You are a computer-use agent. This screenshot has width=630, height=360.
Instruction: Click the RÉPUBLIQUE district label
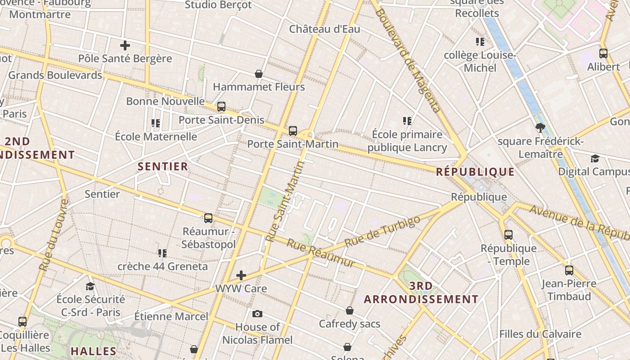pos(475,172)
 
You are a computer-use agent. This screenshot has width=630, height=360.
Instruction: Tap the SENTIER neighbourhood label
pos(163,166)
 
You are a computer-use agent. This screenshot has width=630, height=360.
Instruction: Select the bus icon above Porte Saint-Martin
pos(293,131)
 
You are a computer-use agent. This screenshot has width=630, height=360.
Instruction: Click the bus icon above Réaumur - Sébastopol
pos(208,218)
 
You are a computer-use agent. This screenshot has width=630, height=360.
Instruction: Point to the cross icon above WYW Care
pos(241,275)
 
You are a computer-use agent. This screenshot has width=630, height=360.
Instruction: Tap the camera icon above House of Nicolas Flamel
pos(257,314)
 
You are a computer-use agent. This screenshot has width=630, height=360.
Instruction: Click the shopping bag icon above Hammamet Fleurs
pos(259,74)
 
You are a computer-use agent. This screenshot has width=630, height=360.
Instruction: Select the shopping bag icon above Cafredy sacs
pos(350,311)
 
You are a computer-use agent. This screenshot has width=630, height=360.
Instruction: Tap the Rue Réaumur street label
pos(321,253)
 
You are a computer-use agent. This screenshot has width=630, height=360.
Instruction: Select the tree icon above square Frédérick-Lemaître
pos(540,128)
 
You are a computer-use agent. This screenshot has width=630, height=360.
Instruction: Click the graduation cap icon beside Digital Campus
pos(595,158)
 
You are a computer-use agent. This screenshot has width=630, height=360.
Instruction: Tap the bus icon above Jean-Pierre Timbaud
pos(569,270)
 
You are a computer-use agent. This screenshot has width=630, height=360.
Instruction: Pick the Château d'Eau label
pos(324,29)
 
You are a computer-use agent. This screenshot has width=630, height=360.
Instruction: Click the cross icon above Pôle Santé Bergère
pos(125,45)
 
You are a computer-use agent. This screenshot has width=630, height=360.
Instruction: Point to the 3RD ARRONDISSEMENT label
pos(421,292)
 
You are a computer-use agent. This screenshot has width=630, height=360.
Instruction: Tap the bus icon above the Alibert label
pos(603,54)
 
